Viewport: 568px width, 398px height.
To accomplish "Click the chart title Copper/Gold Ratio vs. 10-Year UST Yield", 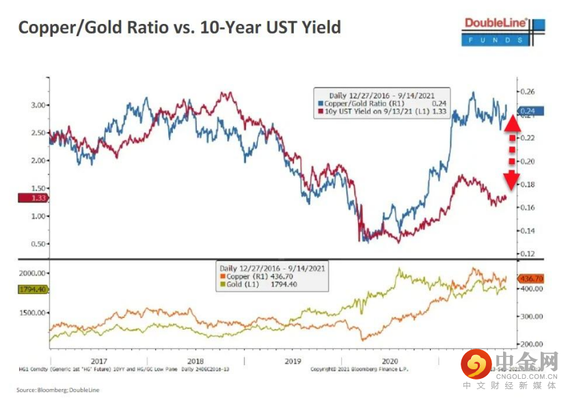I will (x=179, y=27).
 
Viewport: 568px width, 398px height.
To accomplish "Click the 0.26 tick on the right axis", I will (x=526, y=92).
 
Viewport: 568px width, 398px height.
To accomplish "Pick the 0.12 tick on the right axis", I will (x=526, y=254).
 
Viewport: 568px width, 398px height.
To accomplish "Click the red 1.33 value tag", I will (x=31, y=198).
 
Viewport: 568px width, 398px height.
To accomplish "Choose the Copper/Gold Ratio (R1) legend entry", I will (x=362, y=103).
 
